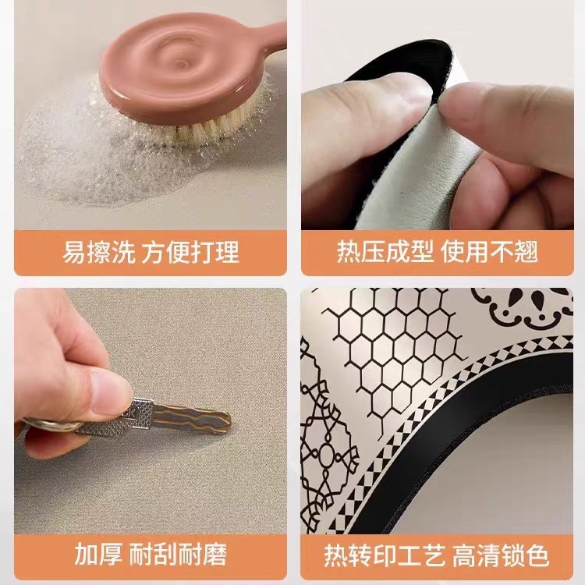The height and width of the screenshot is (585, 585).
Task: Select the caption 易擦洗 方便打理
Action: click(151, 252)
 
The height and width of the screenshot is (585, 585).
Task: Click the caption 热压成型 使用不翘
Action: click(438, 252)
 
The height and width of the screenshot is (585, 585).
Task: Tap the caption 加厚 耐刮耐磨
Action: click(151, 555)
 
